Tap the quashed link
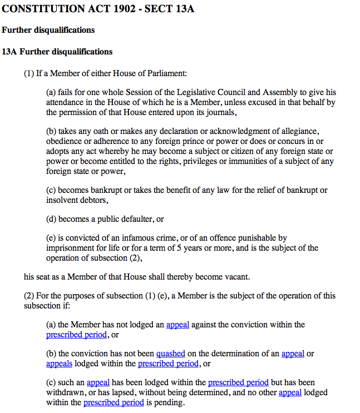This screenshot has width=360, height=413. [170, 354]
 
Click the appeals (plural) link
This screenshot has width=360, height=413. [58, 364]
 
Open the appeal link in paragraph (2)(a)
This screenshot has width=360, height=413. [177, 325]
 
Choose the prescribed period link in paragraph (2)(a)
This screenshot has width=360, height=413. [76, 335]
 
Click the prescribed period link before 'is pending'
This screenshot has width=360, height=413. [114, 402]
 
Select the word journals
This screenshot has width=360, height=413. [221, 112]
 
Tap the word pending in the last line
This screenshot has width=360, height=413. [170, 402]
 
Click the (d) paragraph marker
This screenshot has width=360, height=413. [52, 219]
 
